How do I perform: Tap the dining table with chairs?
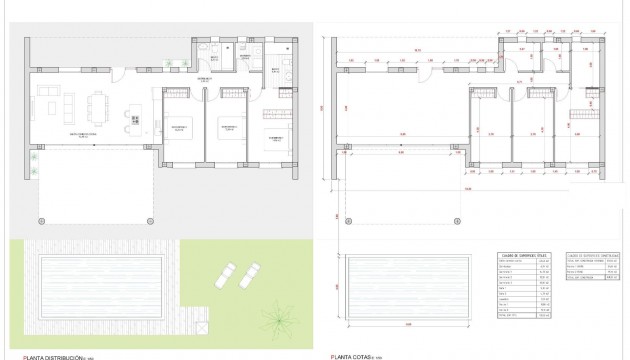101,103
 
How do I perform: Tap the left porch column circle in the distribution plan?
40,219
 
